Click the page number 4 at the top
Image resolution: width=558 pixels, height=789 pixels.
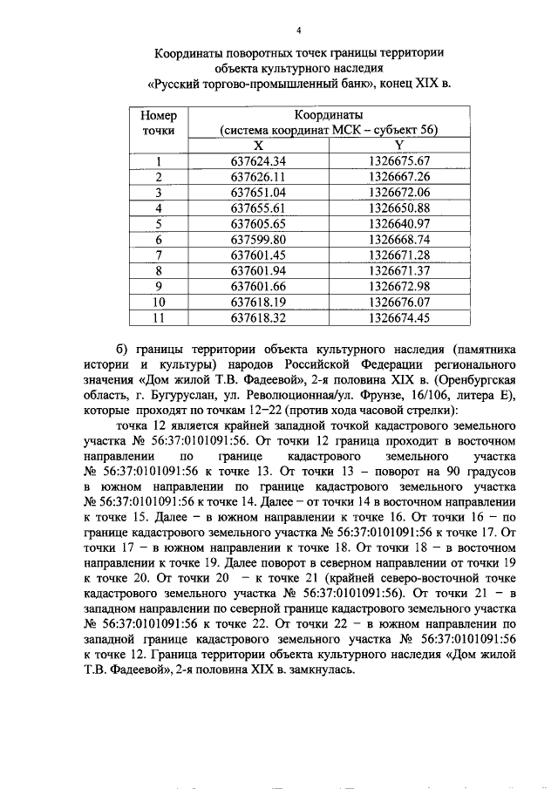pyautogui.click(x=299, y=31)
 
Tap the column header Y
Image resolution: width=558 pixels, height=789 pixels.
pyautogui.click(x=399, y=146)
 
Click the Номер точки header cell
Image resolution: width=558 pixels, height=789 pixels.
pyautogui.click(x=159, y=123)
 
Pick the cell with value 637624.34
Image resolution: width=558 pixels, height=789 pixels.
pyautogui.click(x=258, y=161)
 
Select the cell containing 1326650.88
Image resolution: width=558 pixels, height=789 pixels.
pyautogui.click(x=399, y=208)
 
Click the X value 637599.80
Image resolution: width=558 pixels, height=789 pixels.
pyautogui.click(x=258, y=240)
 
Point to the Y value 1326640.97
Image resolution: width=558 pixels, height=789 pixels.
pyautogui.click(x=399, y=224)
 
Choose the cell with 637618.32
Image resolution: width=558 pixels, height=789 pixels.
pyautogui.click(x=258, y=318)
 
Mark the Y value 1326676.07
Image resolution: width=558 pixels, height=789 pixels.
pyautogui.click(x=399, y=303)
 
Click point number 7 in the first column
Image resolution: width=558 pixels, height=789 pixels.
pyautogui.click(x=159, y=255)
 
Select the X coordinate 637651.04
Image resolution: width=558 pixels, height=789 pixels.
pyautogui.click(x=258, y=193)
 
